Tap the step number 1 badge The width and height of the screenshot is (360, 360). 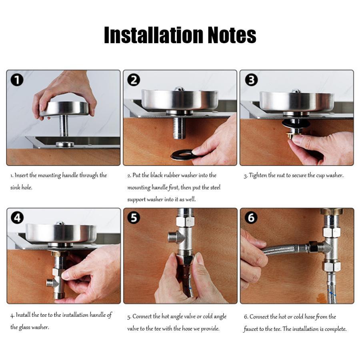coord(17,80)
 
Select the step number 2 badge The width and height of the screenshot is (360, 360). coord(134,80)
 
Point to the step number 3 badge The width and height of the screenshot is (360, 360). coord(252,80)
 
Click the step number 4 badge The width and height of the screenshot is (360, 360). coord(17,218)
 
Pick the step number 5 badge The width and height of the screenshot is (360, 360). coord(134,218)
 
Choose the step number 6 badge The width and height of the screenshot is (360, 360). coord(251,218)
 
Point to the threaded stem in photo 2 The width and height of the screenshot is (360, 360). coord(179,128)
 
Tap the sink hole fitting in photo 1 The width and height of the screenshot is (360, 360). coord(65,144)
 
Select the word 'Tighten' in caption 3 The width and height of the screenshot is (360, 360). coord(258,176)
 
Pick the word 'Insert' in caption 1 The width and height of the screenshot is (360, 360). coord(21,176)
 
